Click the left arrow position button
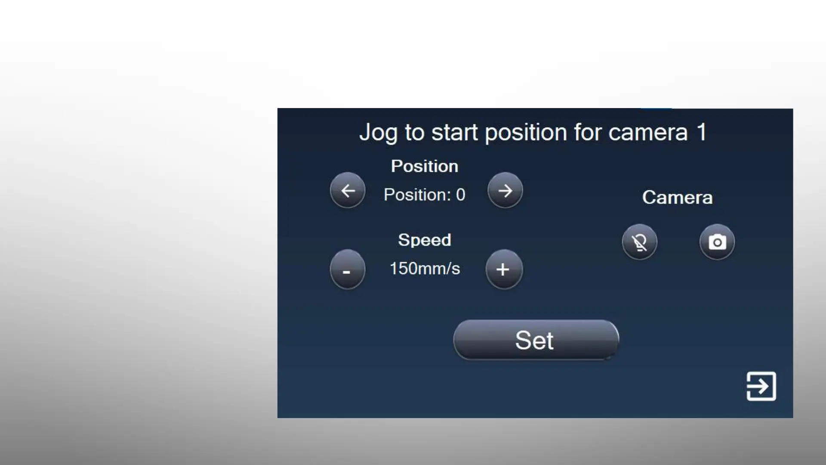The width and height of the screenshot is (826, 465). point(348,190)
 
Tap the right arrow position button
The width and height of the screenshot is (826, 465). point(505,190)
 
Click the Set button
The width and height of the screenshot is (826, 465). point(536,340)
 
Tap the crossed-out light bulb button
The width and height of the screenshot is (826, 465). point(640,242)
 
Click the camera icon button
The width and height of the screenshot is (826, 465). point(717,242)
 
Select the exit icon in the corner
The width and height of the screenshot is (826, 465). point(761,386)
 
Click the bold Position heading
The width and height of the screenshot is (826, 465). point(425,166)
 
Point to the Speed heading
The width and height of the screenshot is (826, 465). point(425,240)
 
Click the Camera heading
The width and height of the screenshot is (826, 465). point(678,198)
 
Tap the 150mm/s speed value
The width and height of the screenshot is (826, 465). point(425,269)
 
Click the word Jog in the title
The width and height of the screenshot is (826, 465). point(378,133)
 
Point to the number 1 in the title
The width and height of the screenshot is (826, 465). point(702,132)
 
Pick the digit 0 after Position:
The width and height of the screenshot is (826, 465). point(461,195)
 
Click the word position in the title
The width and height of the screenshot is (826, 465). point(526,133)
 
